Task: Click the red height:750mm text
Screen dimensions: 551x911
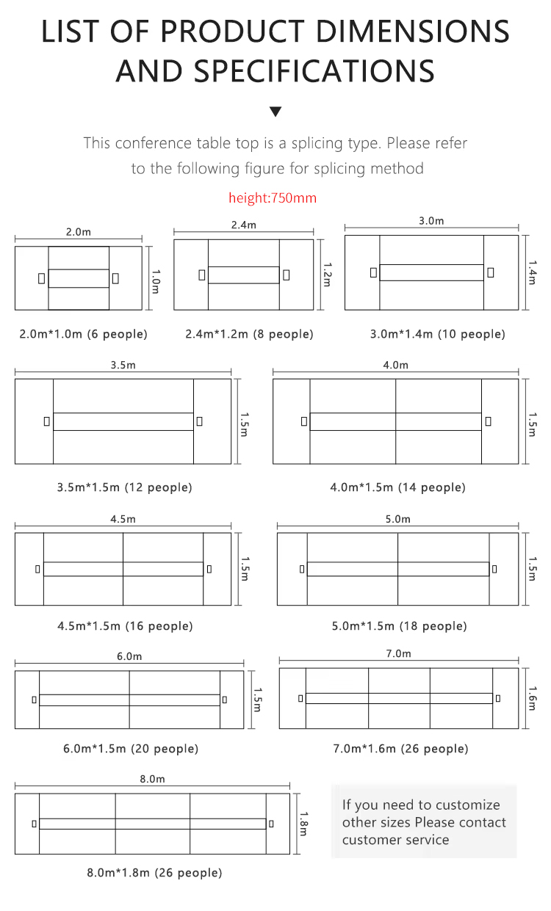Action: [x=273, y=198]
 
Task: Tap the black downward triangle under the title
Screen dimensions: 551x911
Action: [x=275, y=112]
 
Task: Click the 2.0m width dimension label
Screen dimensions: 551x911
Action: [x=79, y=232]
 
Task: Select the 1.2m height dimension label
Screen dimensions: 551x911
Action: [x=327, y=275]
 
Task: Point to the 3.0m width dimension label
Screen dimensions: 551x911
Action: [x=431, y=221]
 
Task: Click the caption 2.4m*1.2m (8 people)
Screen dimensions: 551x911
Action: [x=249, y=334]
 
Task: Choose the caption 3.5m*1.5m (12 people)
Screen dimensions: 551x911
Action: [x=124, y=487]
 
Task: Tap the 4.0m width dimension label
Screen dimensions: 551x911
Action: [x=395, y=365]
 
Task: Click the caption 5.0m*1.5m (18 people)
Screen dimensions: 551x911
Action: [x=399, y=626]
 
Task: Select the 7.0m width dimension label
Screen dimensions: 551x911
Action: [x=398, y=653]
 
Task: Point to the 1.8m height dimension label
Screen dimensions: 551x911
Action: [x=304, y=824]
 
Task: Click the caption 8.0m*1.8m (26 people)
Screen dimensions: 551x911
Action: [x=154, y=873]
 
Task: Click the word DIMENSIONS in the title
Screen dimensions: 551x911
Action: [x=413, y=32]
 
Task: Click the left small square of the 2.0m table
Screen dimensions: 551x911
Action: [x=41, y=279]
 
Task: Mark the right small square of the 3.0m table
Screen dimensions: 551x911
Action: [x=491, y=272]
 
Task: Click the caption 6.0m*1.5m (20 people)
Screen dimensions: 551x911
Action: [x=131, y=749]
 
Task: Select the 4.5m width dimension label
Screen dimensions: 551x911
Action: [x=123, y=519]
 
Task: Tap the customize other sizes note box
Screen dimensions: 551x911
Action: [x=424, y=821]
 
